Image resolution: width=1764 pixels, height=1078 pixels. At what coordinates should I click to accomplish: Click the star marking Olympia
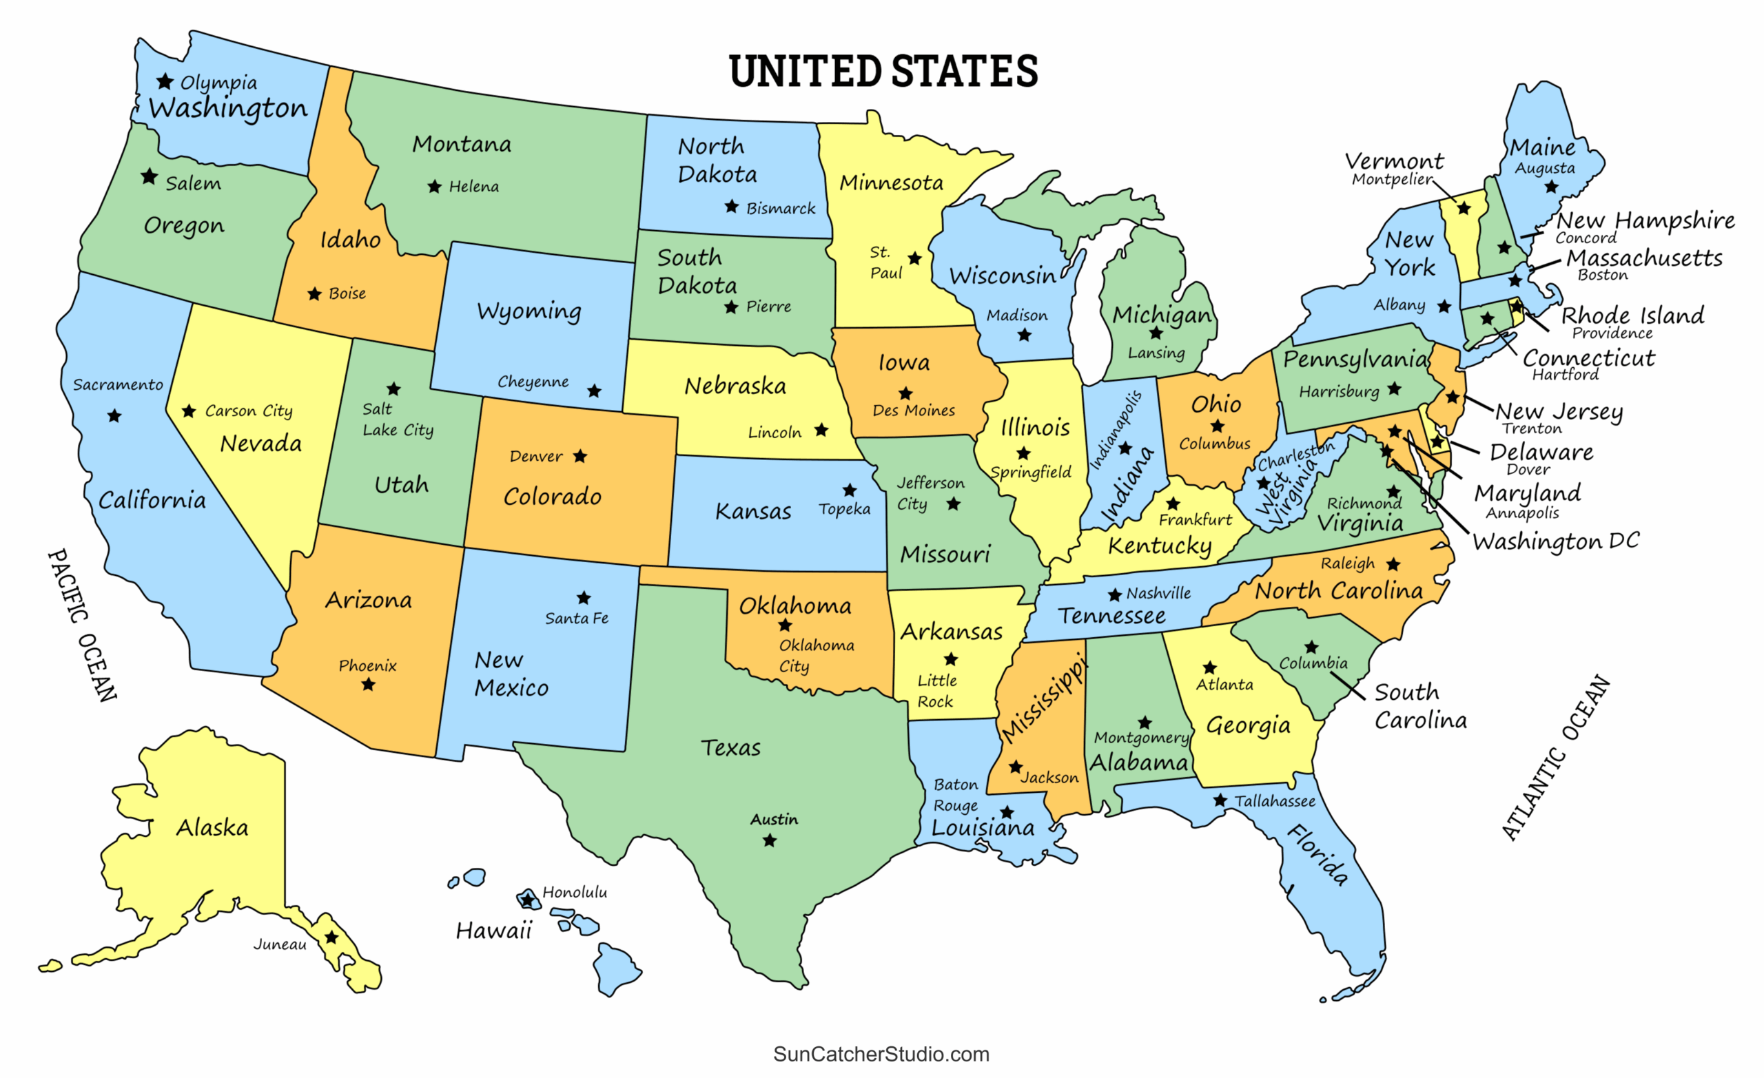[x=165, y=81]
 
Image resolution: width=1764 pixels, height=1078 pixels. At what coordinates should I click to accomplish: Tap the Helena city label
[x=473, y=187]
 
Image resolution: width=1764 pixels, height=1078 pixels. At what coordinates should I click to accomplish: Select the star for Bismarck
[x=731, y=207]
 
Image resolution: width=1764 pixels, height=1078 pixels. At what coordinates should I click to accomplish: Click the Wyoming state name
[x=529, y=311]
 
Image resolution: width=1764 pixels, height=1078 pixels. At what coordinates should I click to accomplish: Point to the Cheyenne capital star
[x=594, y=391]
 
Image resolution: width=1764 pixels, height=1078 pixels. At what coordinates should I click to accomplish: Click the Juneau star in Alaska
[x=331, y=937]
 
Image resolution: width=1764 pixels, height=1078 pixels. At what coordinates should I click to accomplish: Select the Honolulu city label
[x=574, y=892]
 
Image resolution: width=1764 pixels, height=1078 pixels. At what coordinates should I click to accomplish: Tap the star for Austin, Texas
[x=769, y=840]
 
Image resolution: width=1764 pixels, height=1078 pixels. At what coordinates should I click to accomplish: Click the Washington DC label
[x=1555, y=541]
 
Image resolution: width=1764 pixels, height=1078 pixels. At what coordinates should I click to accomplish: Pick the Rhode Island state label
[x=1632, y=315]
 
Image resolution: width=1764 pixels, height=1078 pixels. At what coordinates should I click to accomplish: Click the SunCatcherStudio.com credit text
[x=881, y=1054]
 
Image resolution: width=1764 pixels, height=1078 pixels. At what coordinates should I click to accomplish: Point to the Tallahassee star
[x=1220, y=800]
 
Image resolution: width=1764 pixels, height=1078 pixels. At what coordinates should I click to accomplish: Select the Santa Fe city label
[x=576, y=618]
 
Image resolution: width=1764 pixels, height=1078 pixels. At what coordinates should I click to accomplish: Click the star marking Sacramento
[x=114, y=416]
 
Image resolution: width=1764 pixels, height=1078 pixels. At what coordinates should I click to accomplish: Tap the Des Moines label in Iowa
[x=913, y=410]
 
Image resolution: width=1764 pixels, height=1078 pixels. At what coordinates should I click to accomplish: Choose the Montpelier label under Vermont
[x=1391, y=179]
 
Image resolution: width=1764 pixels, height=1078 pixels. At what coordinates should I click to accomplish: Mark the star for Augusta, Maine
[x=1550, y=187]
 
